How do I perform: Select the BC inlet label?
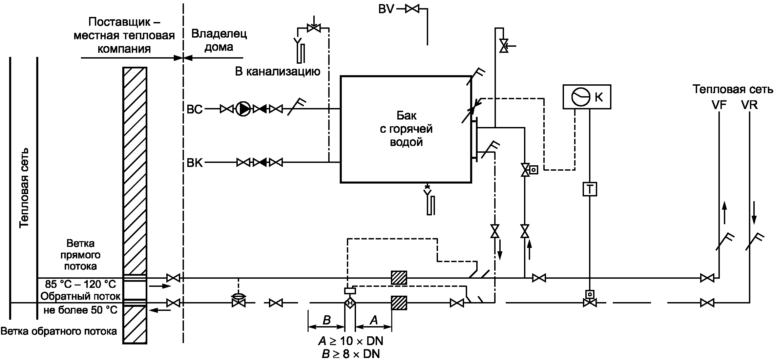(x=195, y=109)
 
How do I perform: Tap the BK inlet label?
(x=195, y=163)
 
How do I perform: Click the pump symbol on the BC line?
(x=243, y=109)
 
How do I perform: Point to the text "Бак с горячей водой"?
(x=406, y=129)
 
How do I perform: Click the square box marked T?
(x=590, y=189)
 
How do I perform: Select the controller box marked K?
(x=587, y=97)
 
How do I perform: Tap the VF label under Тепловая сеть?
(x=719, y=105)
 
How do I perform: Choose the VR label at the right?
(x=750, y=105)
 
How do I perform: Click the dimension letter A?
(x=374, y=320)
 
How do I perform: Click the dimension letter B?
(x=327, y=320)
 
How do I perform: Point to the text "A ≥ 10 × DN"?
(x=351, y=340)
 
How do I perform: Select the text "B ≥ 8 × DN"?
(x=351, y=354)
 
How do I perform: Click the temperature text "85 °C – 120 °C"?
(x=80, y=283)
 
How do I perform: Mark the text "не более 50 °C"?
(x=81, y=310)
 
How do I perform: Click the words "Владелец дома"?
(x=219, y=40)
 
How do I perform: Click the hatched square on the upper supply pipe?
(x=399, y=278)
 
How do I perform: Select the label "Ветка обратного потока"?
(x=59, y=331)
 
